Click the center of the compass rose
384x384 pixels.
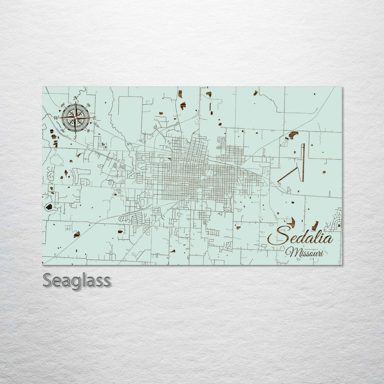pyautogui.click(x=75, y=117)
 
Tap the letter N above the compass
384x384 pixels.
pyautogui.click(x=76, y=98)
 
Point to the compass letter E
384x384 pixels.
pyautogui.click(x=95, y=118)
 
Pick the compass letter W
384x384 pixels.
pyautogui.click(x=56, y=117)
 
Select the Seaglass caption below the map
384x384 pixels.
pyautogui.click(x=77, y=280)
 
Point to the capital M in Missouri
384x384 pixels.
pyautogui.click(x=290, y=252)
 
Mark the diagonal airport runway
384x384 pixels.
pyautogui.click(x=288, y=174)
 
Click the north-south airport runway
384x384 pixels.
pyautogui.click(x=303, y=162)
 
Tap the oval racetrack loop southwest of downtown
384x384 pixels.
pyautogui.click(x=143, y=203)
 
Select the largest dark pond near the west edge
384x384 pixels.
pyautogui.click(x=48, y=207)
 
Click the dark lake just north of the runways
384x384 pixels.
pyautogui.click(x=293, y=134)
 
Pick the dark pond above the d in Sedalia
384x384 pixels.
pyautogui.click(x=292, y=222)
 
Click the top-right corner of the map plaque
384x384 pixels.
pyautogui.click(x=341, y=87)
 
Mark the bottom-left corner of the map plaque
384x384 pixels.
pyautogui.click(x=43, y=264)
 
